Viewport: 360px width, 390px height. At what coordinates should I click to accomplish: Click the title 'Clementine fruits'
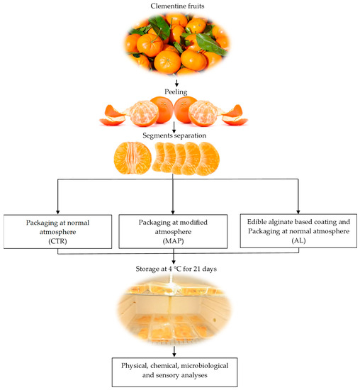point(179,6)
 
